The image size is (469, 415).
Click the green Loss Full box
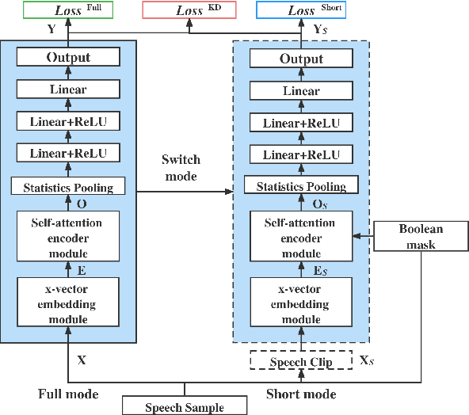tap(67, 10)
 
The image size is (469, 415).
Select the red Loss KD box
tap(189, 10)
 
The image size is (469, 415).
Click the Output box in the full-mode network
tap(68, 57)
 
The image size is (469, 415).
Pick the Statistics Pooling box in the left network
tap(68, 187)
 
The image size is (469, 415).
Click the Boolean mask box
tap(421, 236)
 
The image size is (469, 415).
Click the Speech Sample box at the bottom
tap(185, 407)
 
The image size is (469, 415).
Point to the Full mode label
tap(68, 394)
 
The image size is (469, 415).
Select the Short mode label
tap(300, 394)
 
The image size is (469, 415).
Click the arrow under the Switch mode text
tap(184, 192)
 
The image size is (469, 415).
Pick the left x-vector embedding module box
tap(68, 302)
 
